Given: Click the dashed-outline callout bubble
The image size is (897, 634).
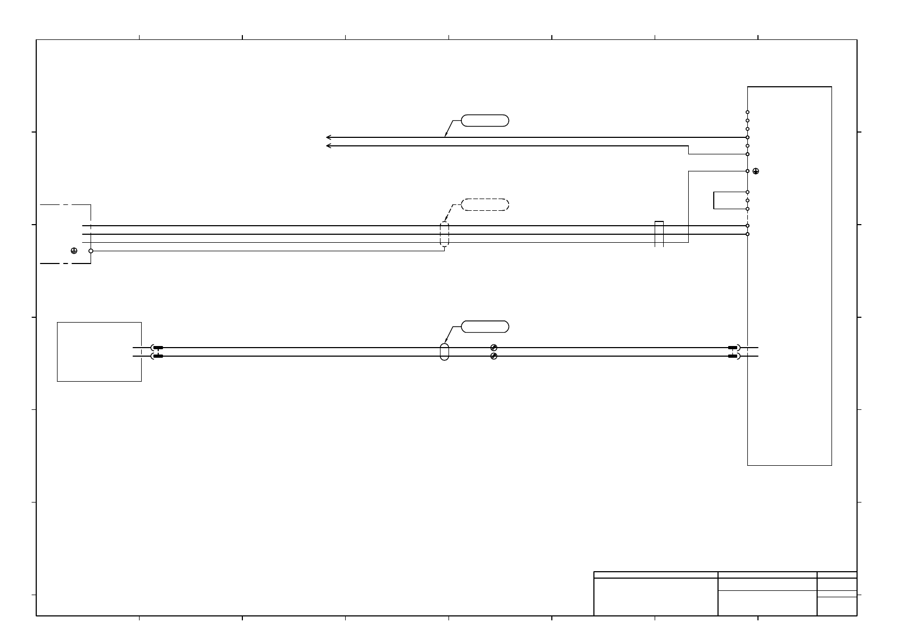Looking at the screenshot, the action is [485, 205].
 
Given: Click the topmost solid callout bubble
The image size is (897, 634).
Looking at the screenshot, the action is [485, 120].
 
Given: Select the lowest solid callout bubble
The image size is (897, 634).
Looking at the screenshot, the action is [485, 327].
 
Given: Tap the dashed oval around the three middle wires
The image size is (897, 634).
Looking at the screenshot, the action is [445, 234].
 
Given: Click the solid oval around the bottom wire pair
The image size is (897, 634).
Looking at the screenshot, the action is [445, 352].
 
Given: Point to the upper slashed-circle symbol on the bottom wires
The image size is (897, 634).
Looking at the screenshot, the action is [494, 348].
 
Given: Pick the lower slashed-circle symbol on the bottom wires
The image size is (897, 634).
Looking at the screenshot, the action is [494, 356].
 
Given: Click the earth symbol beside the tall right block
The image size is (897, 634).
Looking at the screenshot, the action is [756, 171].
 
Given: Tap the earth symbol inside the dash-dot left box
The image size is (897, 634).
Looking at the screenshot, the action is [74, 251].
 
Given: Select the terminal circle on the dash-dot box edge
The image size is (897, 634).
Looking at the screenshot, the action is [91, 251].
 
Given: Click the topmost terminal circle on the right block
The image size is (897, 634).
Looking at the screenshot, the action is [748, 112].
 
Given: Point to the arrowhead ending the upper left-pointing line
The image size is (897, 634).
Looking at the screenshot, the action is [328, 137].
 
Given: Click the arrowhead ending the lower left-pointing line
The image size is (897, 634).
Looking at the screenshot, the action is [328, 146].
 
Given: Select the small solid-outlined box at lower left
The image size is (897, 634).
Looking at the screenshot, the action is [99, 351].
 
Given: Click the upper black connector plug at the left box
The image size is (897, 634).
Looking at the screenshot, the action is [158, 348].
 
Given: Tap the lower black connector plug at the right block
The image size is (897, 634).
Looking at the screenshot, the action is [732, 356].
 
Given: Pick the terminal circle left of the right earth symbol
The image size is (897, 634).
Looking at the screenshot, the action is [748, 171].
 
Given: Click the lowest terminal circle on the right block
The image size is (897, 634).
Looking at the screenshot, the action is [748, 234].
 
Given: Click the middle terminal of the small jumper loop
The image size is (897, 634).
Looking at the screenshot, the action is [748, 201].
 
